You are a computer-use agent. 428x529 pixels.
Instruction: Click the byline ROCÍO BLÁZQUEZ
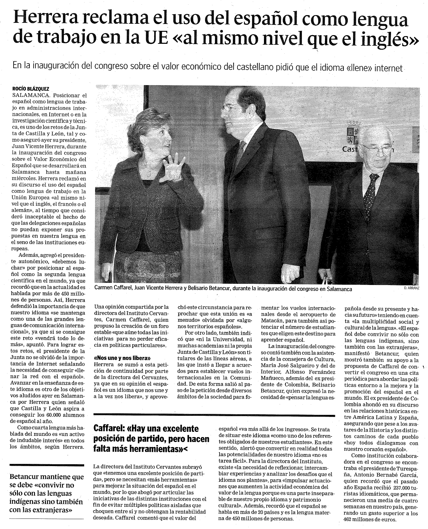point(31,89)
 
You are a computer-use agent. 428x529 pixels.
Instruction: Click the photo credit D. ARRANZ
point(411,288)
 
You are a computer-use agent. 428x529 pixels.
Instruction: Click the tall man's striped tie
point(240,151)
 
